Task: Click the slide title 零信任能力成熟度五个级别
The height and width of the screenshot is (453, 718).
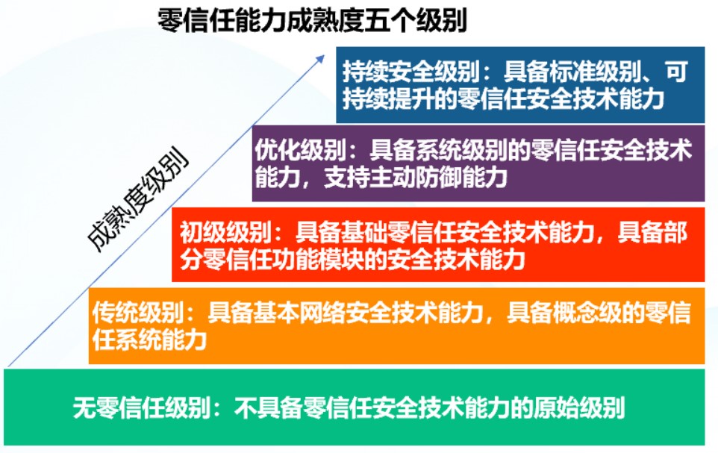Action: click(x=312, y=21)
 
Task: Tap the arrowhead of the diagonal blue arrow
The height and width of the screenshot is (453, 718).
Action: click(x=321, y=59)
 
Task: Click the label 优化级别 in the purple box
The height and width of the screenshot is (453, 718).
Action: click(x=300, y=150)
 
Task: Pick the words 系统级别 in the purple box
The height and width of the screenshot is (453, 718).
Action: click(x=461, y=150)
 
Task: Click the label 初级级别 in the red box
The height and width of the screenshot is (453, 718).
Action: click(x=225, y=232)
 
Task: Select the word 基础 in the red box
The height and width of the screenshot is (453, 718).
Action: click(x=363, y=232)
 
